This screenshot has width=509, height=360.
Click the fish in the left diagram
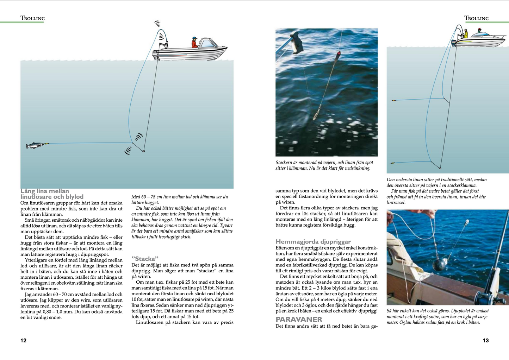(x=35, y=145)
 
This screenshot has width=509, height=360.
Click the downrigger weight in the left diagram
(x=144, y=151)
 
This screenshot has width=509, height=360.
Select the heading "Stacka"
(x=145, y=259)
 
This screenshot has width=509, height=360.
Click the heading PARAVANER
(x=299, y=320)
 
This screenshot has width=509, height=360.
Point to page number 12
(x=23, y=340)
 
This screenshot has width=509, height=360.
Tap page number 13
(x=486, y=340)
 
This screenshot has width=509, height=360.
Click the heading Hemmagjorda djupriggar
(x=313, y=242)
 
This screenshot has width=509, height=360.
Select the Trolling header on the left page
(x=33, y=18)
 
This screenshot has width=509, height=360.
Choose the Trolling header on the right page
(x=476, y=18)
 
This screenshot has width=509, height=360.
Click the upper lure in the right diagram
(x=394, y=101)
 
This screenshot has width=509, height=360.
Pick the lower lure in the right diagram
(x=393, y=163)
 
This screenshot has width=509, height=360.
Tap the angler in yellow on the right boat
(x=465, y=34)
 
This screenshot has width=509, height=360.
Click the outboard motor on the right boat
(x=453, y=43)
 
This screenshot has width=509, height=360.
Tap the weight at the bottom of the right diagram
(x=440, y=168)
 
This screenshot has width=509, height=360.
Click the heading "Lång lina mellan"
(x=45, y=191)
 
